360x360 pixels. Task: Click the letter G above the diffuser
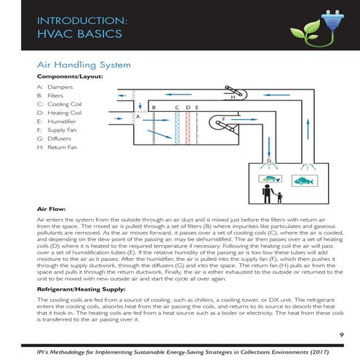click(268, 160)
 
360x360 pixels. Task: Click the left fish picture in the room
click(270, 179)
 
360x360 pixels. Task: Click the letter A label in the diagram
click(137, 116)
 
